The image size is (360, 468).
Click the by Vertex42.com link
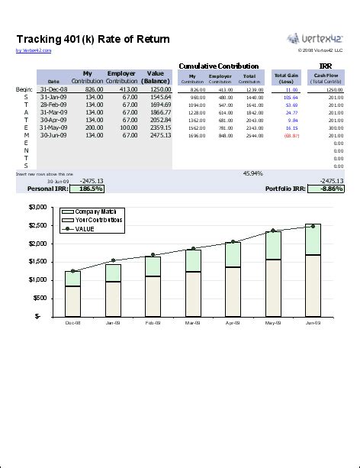click(x=34, y=51)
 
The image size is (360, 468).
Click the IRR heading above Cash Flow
click(x=326, y=66)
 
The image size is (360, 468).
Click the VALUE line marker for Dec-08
click(x=72, y=271)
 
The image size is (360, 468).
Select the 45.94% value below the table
click(x=252, y=173)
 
